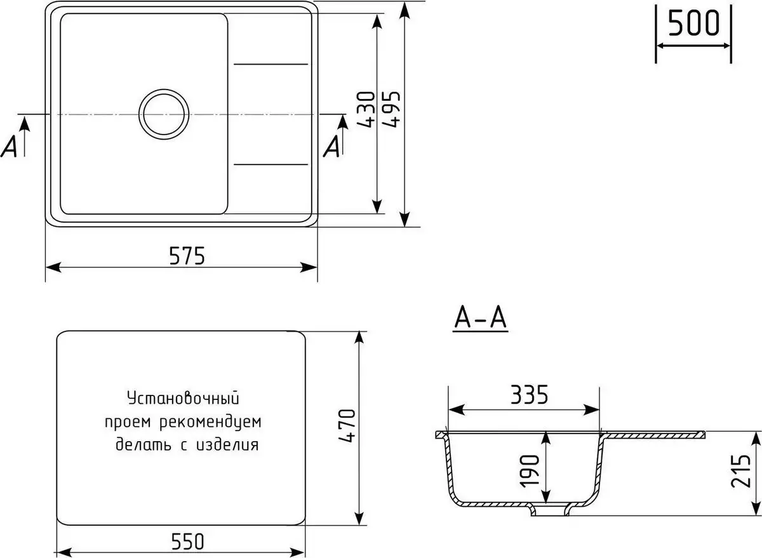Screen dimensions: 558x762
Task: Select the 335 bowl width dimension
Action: click(528, 396)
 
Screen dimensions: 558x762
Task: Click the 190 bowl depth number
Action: click(531, 470)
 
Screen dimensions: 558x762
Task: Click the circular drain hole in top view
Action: click(164, 114)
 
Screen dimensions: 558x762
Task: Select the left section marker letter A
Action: click(10, 147)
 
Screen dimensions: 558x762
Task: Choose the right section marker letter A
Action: click(331, 147)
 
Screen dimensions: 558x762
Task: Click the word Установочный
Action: click(183, 399)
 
